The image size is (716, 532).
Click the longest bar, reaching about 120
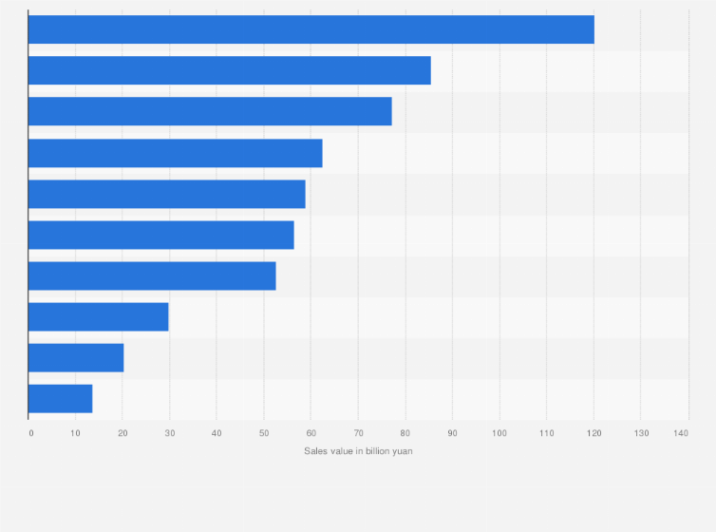[x=311, y=29]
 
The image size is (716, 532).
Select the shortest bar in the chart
[x=60, y=398]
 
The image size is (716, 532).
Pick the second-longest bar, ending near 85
[x=229, y=70]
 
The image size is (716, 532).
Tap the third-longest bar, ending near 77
[x=210, y=111]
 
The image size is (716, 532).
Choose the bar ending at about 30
[x=98, y=316]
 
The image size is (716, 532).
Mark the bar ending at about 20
[x=76, y=357]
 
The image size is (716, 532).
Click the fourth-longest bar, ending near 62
[x=175, y=153]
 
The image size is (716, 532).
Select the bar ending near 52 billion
[x=152, y=275]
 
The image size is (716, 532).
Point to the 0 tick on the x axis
[x=31, y=433]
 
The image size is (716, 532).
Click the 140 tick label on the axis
[x=681, y=433]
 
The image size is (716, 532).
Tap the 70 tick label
[x=358, y=433]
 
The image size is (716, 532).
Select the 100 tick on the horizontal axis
[x=499, y=433]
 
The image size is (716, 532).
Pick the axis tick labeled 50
[x=264, y=433]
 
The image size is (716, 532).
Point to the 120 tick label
[x=593, y=433]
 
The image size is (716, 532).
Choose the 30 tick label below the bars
[x=170, y=433]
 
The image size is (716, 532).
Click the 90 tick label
[x=452, y=433]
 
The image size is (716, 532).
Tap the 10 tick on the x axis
[x=76, y=433]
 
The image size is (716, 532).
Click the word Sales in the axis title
[x=315, y=451]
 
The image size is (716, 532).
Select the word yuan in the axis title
[x=403, y=451]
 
